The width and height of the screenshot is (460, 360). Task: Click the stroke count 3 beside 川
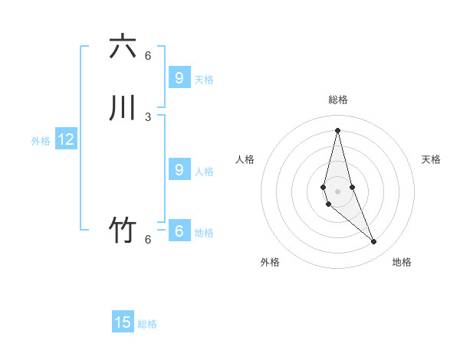tap(148, 116)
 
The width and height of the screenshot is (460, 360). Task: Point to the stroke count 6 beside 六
tap(148, 55)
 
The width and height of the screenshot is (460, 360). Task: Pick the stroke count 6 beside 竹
tap(148, 239)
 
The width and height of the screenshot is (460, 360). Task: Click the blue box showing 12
tap(66, 139)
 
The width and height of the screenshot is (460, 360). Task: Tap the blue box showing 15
tap(123, 322)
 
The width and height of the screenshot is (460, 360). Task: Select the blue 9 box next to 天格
tap(179, 77)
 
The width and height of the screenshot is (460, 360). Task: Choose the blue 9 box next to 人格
tap(179, 169)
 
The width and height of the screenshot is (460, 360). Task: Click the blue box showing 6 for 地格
tap(179, 231)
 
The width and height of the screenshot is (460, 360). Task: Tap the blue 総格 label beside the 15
tap(147, 324)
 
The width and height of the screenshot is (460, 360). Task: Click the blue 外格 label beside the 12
tap(41, 141)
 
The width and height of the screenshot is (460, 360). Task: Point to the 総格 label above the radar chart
tap(337, 100)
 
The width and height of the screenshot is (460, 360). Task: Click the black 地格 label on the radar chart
tap(402, 262)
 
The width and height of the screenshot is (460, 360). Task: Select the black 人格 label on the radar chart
tap(245, 159)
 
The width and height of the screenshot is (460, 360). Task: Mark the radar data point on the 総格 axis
tap(337, 130)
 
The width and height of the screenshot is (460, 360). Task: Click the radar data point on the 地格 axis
tap(374, 242)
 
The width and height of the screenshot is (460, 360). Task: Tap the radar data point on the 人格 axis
tap(324, 187)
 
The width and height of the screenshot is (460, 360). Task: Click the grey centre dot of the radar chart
tap(337, 191)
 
